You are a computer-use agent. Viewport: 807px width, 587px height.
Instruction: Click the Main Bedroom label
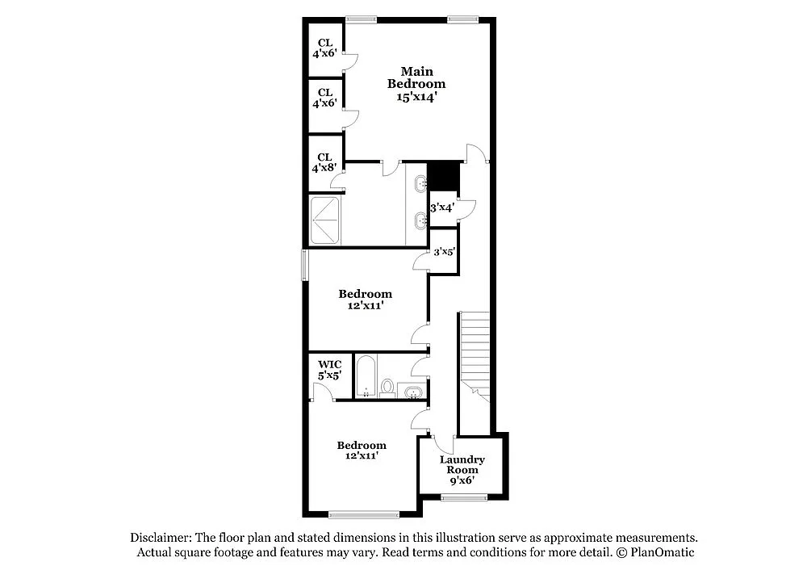pyautogui.click(x=416, y=78)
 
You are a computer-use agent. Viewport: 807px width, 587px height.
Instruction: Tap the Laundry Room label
pyautogui.click(x=462, y=464)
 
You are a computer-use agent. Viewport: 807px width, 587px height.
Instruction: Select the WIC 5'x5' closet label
pyautogui.click(x=329, y=370)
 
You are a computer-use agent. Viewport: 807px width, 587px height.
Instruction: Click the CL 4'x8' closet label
pyautogui.click(x=324, y=163)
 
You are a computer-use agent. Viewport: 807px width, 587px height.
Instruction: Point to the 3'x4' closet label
pyautogui.click(x=441, y=208)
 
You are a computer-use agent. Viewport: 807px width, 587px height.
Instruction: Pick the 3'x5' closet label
pyautogui.click(x=445, y=252)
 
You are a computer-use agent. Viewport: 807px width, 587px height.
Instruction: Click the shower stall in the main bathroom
pyautogui.click(x=327, y=220)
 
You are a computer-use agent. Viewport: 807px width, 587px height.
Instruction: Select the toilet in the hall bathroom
pyautogui.click(x=387, y=388)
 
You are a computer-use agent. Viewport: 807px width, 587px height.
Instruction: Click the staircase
pyautogui.click(x=474, y=355)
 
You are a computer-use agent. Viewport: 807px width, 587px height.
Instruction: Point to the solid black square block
pyautogui.click(x=442, y=174)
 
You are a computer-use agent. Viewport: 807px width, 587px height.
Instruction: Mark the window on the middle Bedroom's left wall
pyautogui.click(x=305, y=265)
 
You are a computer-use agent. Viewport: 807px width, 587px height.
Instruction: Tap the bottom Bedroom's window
pyautogui.click(x=363, y=514)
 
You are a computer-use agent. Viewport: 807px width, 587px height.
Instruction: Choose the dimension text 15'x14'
pyautogui.click(x=416, y=97)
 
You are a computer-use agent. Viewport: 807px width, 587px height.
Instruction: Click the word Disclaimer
pyautogui.click(x=158, y=538)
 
